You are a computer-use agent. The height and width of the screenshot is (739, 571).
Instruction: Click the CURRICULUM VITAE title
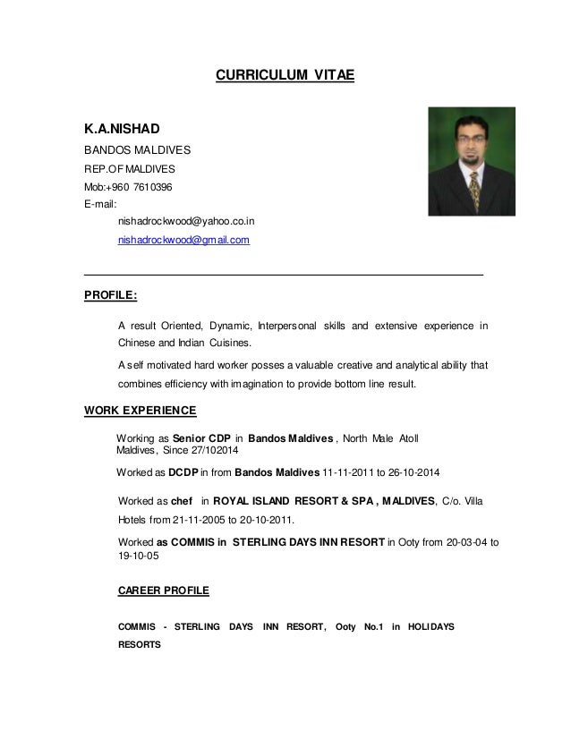click(285, 76)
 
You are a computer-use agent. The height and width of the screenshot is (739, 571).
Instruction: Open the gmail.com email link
click(184, 241)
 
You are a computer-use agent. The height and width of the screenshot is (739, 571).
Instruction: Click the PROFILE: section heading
click(110, 293)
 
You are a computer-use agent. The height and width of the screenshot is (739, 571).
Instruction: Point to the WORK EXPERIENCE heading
click(140, 411)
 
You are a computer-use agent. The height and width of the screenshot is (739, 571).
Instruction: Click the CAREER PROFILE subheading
click(164, 591)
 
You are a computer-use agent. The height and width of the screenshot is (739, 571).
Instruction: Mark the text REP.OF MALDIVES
click(130, 169)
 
